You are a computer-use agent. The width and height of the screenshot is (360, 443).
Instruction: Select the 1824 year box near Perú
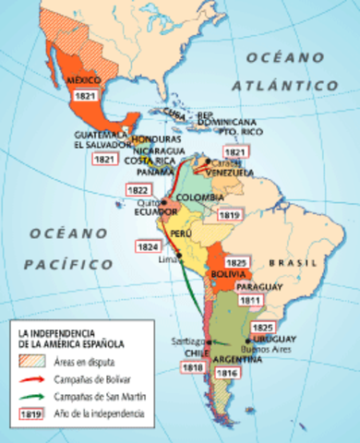tap(146, 247)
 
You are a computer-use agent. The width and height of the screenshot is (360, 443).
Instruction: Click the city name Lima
tap(167, 260)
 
